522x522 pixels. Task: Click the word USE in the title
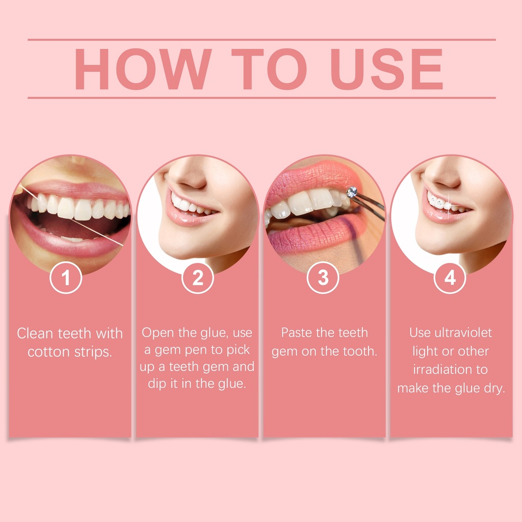click(387, 69)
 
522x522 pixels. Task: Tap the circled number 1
click(66, 277)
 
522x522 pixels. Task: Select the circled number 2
click(198, 278)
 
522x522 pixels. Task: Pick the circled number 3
click(323, 277)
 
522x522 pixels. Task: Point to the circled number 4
click(450, 277)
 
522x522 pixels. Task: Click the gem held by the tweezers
click(352, 192)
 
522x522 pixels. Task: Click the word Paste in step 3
click(297, 332)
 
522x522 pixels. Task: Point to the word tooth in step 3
click(360, 351)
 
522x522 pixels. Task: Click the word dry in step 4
click(494, 388)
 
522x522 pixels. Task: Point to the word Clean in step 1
click(35, 333)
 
